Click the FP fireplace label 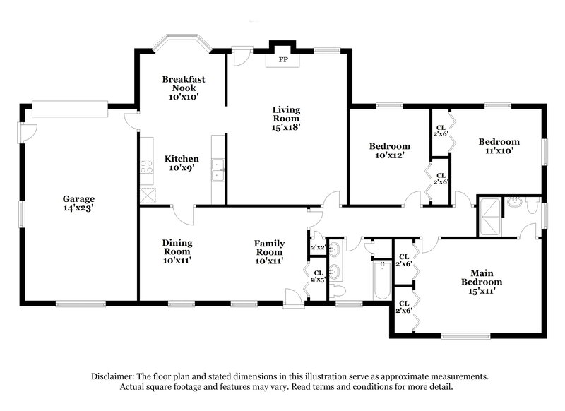(x=282, y=61)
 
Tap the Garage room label (x=78, y=199)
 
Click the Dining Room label (x=178, y=247)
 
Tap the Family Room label (x=269, y=248)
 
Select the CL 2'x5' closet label (x=319, y=276)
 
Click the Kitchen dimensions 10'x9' (x=182, y=169)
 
